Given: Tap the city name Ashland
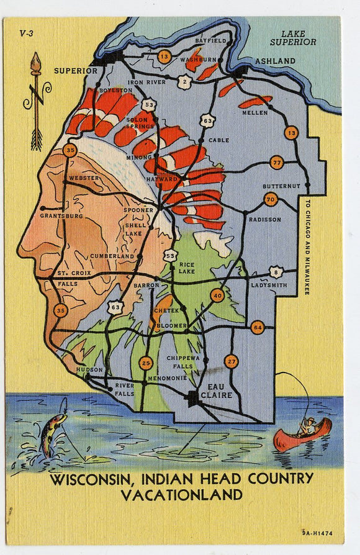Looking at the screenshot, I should click(x=275, y=61).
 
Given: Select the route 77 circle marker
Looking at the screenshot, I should click(x=276, y=163).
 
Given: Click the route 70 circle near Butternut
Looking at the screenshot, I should click(x=270, y=199).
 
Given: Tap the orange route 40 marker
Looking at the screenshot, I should click(x=217, y=296).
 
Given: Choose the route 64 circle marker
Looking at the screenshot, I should click(x=258, y=327).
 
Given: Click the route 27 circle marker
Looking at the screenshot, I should click(x=231, y=361).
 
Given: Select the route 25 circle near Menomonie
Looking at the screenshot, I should click(x=145, y=363).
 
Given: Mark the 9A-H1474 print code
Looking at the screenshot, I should click(x=318, y=532).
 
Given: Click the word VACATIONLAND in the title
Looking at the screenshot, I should click(x=181, y=495).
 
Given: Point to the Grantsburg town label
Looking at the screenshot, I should click(x=61, y=216).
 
